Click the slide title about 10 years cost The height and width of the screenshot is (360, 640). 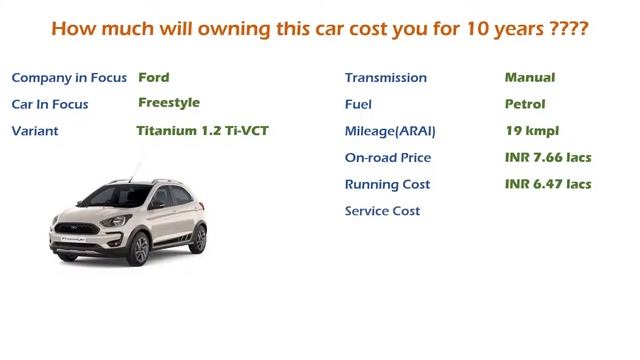[x=319, y=29]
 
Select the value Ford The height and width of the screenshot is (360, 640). [x=154, y=77]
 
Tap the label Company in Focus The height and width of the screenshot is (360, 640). [x=69, y=78]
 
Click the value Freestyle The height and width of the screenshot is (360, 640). [x=169, y=103]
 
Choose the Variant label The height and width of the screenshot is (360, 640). [x=35, y=131]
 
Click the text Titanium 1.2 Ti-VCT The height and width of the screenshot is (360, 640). [x=202, y=131]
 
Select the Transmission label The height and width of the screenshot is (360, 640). [x=385, y=78]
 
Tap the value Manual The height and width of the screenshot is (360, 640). [x=530, y=77]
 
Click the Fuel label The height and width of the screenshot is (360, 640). [x=358, y=104]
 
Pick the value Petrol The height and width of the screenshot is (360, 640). [x=525, y=104]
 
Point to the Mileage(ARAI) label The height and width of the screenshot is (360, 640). [x=390, y=131]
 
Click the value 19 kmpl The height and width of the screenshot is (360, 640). [x=532, y=131]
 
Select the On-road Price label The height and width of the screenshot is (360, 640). [x=388, y=158]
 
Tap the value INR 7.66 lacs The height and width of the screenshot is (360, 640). [x=548, y=158]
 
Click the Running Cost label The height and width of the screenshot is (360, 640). [x=387, y=185]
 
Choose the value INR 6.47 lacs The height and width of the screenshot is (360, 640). [x=548, y=184]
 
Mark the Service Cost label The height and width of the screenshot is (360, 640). [x=382, y=211]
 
